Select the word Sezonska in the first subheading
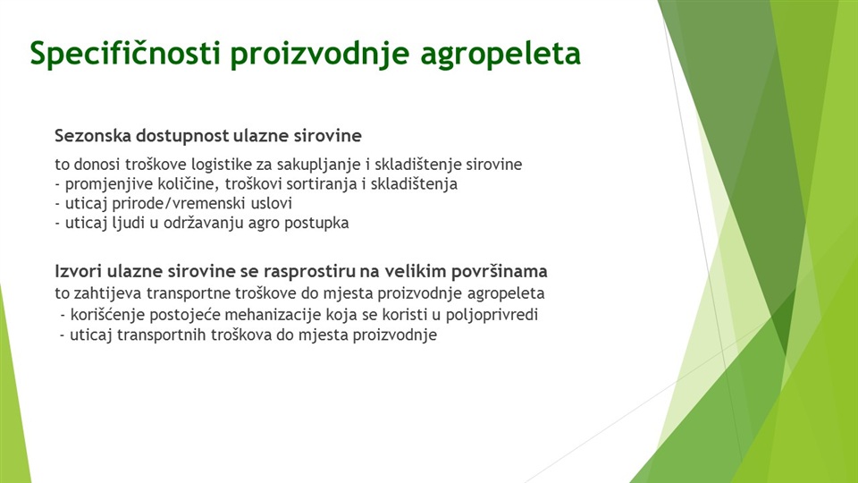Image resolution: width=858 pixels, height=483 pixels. [x=93, y=135]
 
